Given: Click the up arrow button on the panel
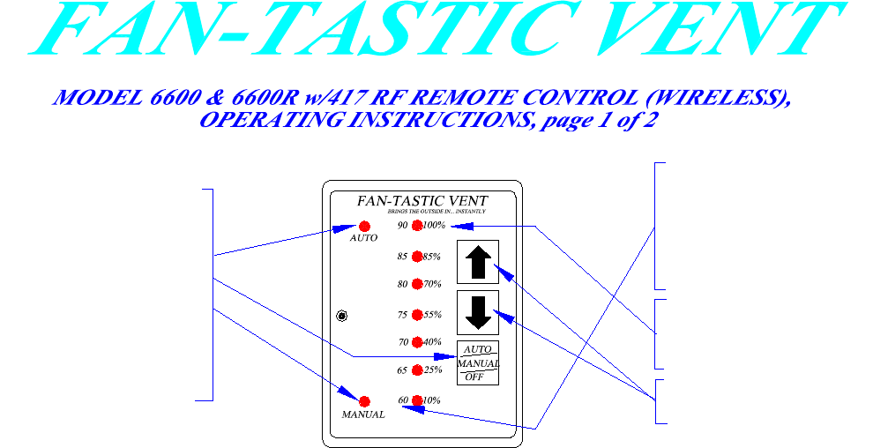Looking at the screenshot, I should click(478, 262).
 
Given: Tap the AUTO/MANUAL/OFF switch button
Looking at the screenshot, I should click(478, 362).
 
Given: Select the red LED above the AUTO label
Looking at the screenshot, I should click(364, 227).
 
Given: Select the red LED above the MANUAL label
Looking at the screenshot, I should click(364, 401).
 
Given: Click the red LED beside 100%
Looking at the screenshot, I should click(417, 226).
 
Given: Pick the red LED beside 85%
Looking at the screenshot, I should click(417, 258).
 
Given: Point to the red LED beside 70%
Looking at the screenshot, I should click(417, 285).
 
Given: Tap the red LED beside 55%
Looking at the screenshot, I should click(417, 315).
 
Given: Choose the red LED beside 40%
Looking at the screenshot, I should click(417, 342).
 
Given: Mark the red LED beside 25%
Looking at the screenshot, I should click(417, 370).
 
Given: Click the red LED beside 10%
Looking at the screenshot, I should click(417, 400).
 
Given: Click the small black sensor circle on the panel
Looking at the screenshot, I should click(342, 316).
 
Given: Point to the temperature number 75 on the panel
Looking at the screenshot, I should click(403, 315).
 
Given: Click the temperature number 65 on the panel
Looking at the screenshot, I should click(403, 370).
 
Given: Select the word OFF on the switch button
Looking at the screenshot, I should click(474, 377).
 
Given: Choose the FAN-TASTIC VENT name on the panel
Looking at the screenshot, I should click(422, 200).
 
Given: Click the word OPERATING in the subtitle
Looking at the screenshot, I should click(267, 121).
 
